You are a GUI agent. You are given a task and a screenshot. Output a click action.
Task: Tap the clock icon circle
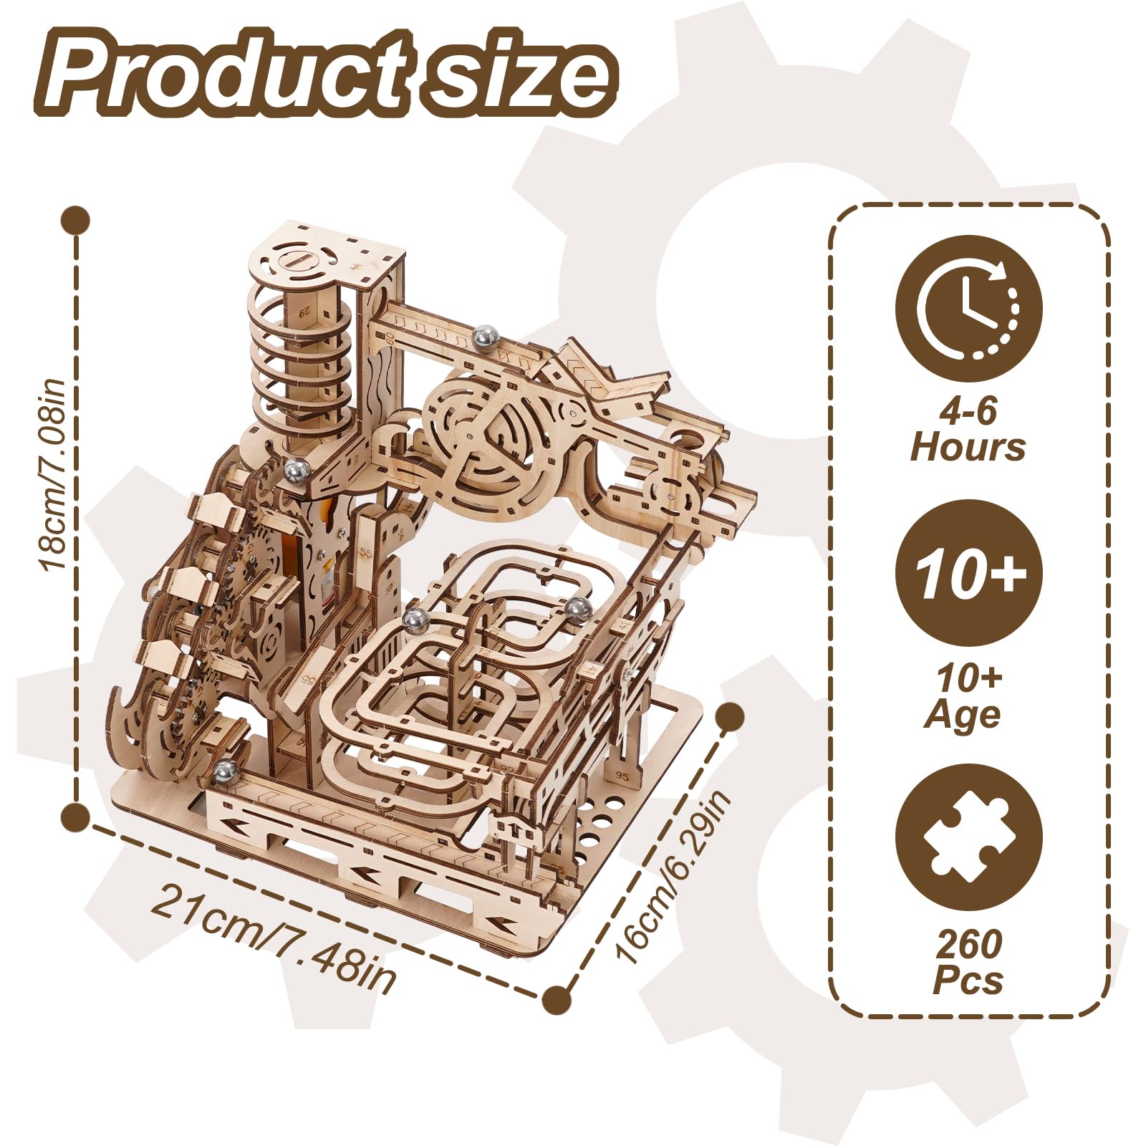968,309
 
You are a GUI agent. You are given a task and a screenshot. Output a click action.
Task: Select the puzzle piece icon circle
968,838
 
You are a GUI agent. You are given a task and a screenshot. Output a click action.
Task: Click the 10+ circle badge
968,573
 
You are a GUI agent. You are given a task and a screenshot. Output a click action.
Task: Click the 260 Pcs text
968,961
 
